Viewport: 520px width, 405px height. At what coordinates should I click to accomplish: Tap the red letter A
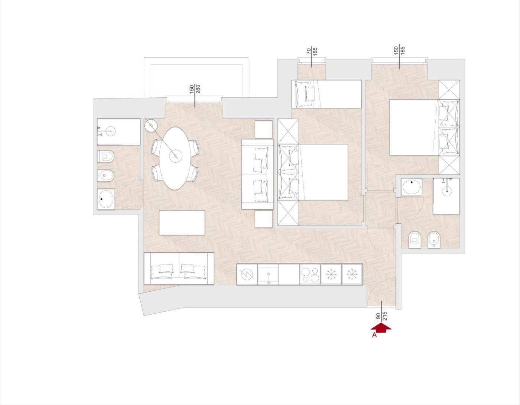(374, 335)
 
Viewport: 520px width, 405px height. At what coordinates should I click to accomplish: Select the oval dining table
(175, 158)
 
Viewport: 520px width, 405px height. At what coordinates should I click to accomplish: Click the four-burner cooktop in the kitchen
(310, 274)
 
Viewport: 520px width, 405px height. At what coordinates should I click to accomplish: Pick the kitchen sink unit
(268, 274)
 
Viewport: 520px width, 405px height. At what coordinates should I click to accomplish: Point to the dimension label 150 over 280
(195, 89)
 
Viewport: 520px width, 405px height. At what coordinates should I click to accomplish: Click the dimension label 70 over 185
(312, 52)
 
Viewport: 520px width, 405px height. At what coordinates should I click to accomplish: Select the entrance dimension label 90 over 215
(382, 317)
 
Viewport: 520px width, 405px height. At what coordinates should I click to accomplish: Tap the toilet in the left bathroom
(106, 156)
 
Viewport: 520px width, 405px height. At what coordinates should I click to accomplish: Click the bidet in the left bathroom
(106, 176)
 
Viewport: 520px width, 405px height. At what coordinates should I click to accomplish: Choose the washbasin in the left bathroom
(106, 199)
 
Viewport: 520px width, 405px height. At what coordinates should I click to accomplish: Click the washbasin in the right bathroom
(412, 187)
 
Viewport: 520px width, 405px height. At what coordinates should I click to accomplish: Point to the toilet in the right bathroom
(415, 239)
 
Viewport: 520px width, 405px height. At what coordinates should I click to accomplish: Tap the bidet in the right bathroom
(435, 239)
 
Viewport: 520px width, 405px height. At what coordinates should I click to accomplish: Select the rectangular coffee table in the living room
(182, 223)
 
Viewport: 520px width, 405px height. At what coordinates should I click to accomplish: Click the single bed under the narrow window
(326, 94)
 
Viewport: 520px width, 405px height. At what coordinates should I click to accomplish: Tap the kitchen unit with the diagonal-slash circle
(247, 274)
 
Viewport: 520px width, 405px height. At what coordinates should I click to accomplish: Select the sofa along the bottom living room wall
(179, 268)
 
